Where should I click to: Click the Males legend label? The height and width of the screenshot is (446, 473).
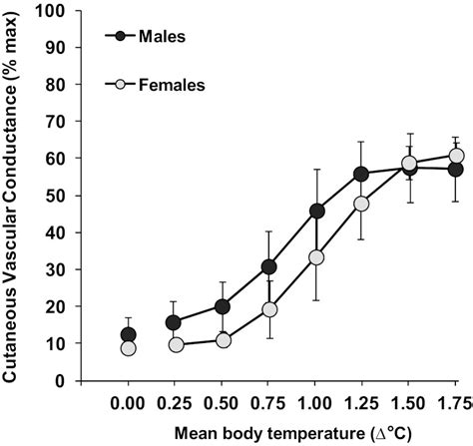pos(163,37)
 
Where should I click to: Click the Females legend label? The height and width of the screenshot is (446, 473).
pos(172,86)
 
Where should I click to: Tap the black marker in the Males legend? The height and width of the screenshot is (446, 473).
pos(121,37)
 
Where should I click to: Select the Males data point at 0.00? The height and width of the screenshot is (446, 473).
pos(127,334)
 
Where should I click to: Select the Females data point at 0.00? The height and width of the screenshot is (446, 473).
pos(127,348)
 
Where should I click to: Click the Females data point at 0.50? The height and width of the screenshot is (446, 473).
pos(223,340)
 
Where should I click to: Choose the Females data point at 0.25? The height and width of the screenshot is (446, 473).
pos(176,344)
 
